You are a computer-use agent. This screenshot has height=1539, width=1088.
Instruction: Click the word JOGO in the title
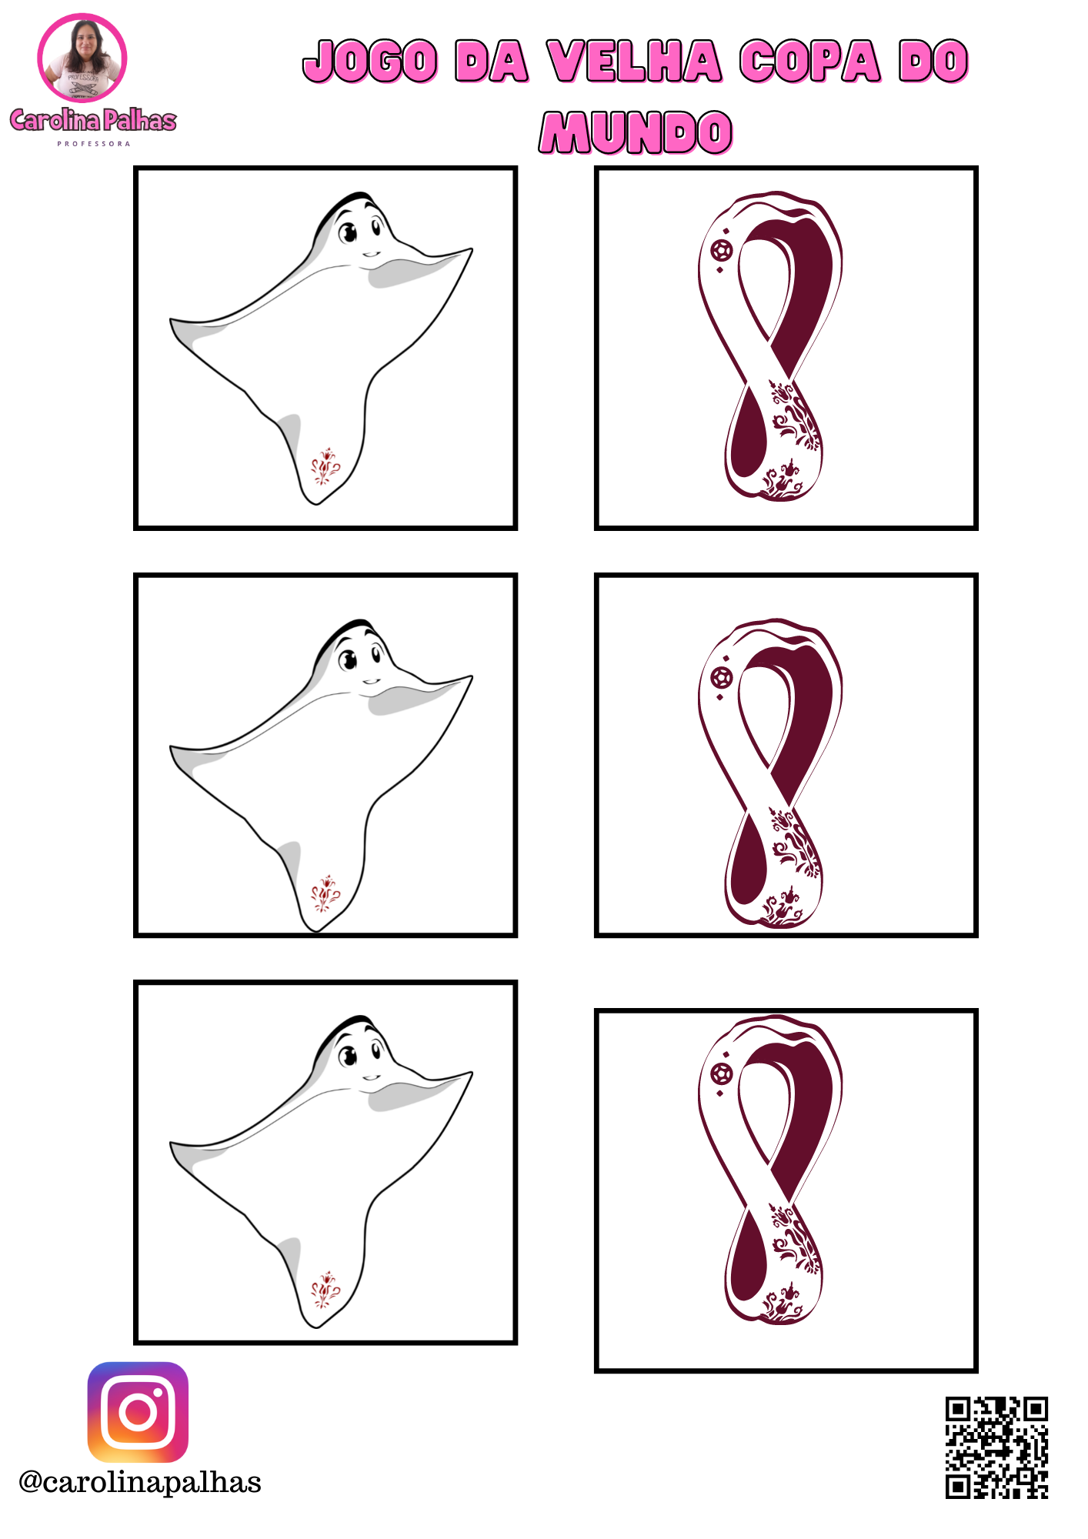371,62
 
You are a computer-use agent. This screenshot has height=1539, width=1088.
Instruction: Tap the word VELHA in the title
635,62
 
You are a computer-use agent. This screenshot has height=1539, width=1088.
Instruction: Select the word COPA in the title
810,62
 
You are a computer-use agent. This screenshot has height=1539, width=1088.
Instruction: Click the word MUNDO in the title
636,132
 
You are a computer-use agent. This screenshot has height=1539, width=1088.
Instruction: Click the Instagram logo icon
138,1412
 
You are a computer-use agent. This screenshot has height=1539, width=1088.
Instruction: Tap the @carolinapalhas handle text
140,1482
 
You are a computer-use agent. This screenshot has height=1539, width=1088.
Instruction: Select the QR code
996,1447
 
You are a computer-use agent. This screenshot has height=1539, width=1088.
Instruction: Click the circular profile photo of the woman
82,58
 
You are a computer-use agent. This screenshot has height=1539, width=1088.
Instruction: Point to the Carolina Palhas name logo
93,120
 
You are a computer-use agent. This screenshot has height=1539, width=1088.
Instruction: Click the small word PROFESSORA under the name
94,144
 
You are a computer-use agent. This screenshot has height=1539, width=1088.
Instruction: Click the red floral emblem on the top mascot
325,466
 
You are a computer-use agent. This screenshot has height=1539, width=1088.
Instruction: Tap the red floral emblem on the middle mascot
325,893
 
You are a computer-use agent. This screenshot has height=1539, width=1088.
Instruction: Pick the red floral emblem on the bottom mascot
325,1290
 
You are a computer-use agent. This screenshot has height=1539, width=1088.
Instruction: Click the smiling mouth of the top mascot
372,254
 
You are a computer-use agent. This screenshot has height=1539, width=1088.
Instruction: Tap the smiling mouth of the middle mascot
372,681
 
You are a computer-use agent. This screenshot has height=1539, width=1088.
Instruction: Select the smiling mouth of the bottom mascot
372,1077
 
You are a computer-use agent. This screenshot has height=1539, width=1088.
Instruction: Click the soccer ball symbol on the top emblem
722,250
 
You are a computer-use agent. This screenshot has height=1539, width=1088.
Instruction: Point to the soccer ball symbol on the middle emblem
722,678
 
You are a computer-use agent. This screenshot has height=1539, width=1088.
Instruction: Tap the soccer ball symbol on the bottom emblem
722,1073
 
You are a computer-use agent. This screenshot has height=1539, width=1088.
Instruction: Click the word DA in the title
492,62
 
